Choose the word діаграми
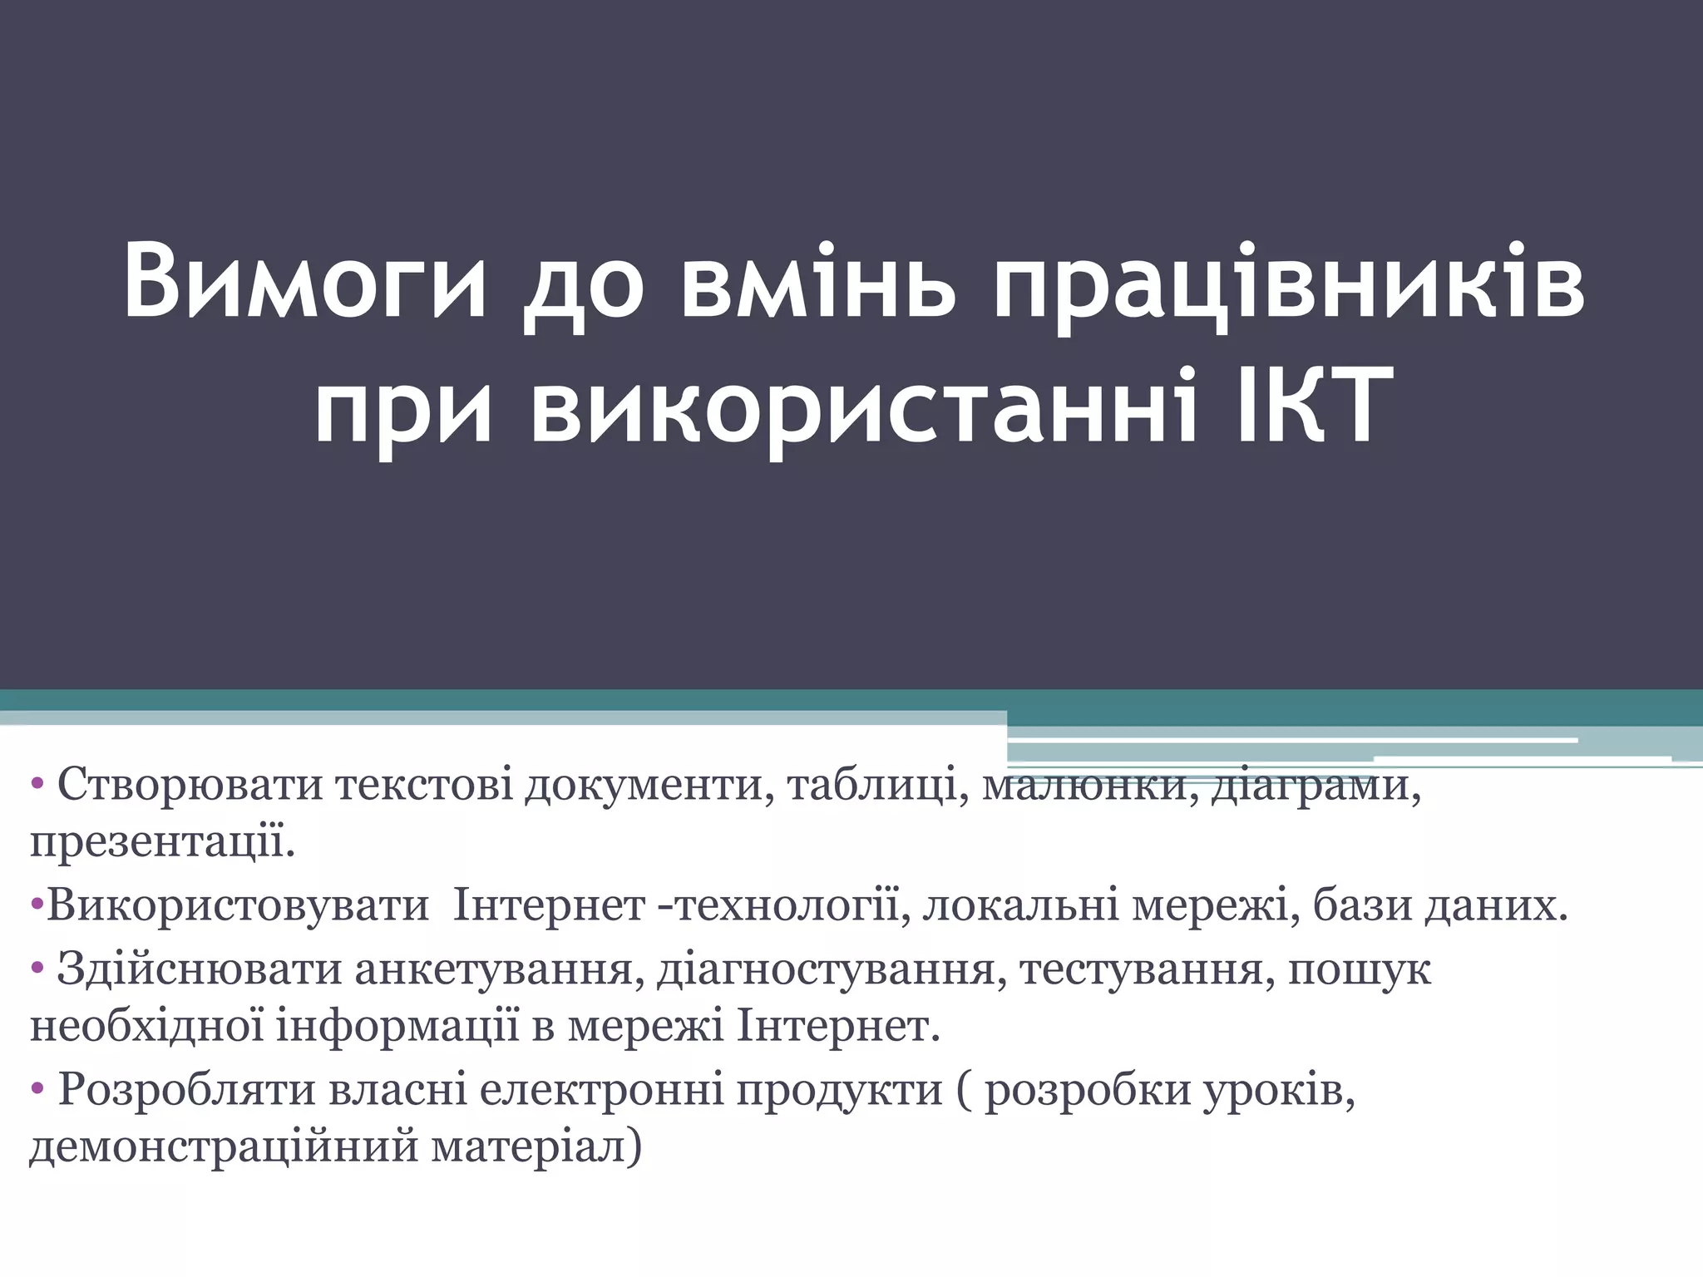[x=1315, y=785]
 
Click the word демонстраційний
[x=224, y=1148]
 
